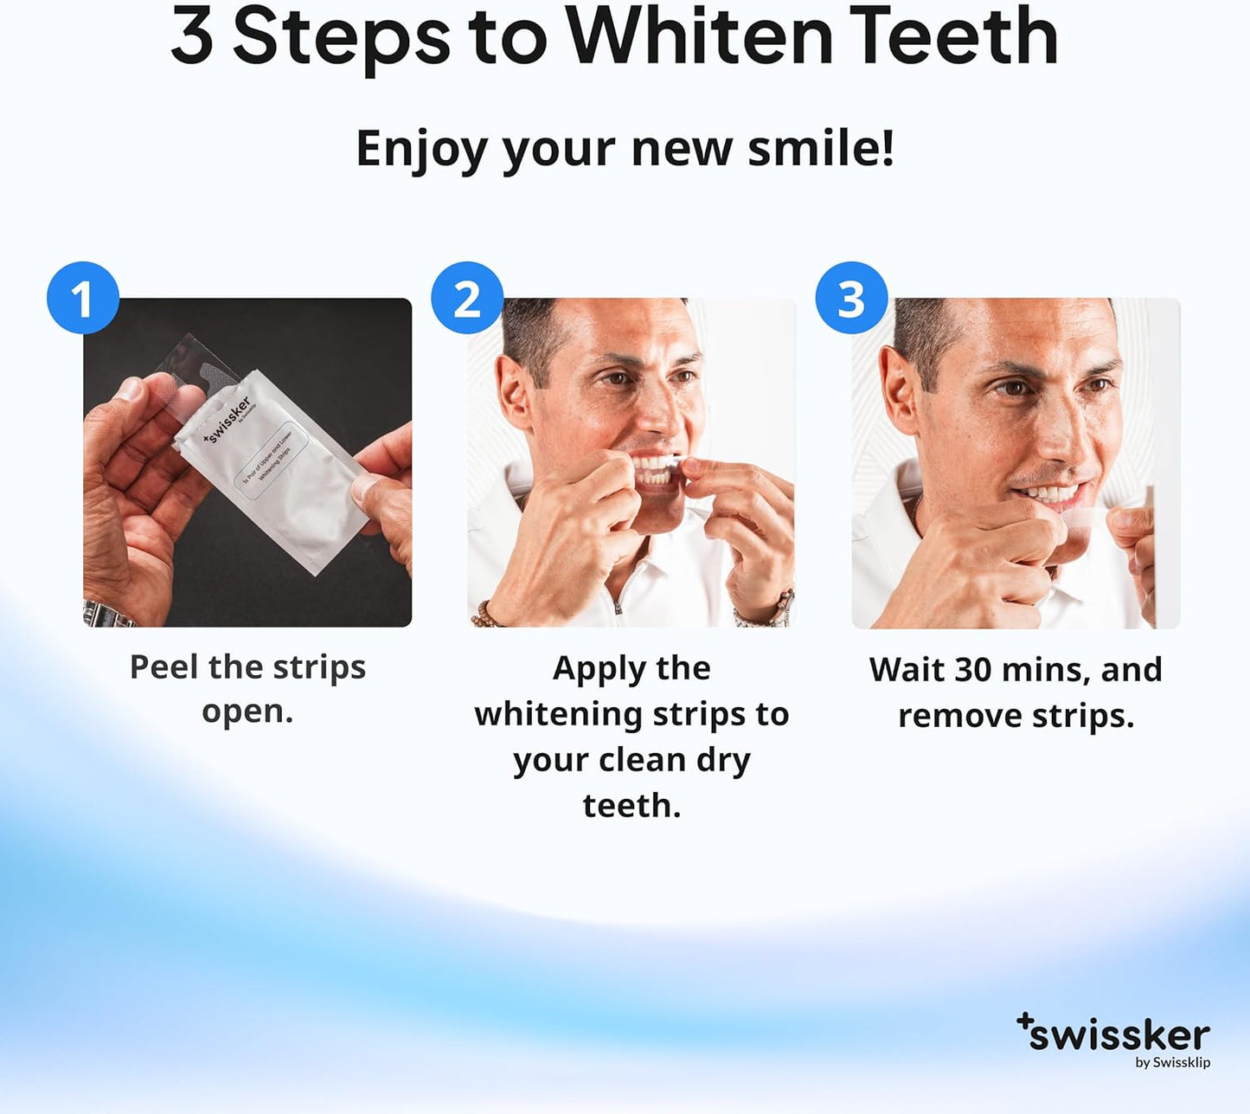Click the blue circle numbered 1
tap(83, 298)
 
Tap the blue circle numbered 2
tap(467, 298)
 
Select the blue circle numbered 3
tap(851, 298)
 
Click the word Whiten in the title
tap(699, 36)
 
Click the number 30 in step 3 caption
tap(972, 670)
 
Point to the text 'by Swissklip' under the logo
tap(1172, 1063)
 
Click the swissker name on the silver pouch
tap(227, 419)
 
